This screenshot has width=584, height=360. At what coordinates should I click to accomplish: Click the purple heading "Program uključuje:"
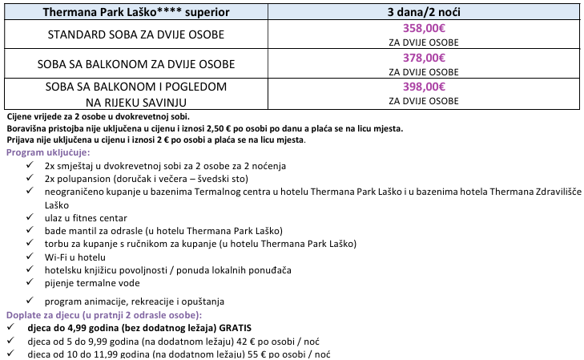coord(48,152)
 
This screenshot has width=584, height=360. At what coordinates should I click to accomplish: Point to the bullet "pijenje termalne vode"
coord(92,282)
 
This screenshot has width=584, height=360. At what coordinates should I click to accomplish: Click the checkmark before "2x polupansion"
coord(30,178)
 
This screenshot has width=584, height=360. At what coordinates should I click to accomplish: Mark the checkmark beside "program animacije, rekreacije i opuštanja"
coord(30,301)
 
